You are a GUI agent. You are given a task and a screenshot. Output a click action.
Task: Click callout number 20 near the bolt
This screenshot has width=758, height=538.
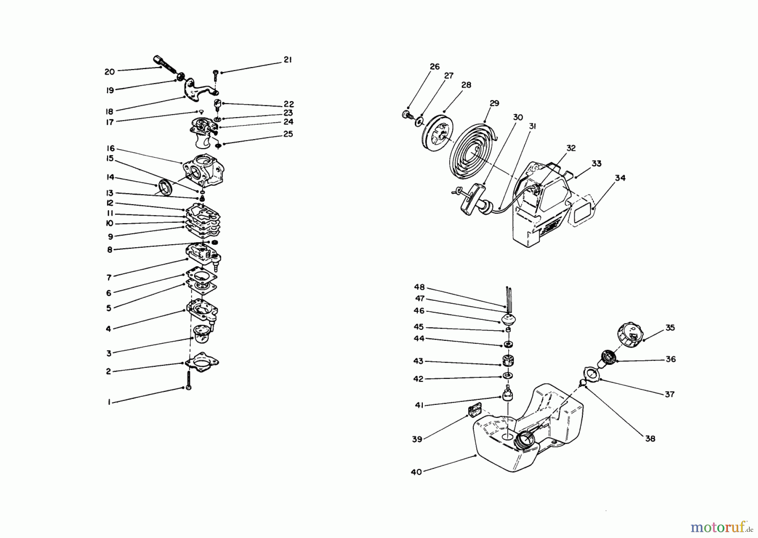pyautogui.click(x=109, y=72)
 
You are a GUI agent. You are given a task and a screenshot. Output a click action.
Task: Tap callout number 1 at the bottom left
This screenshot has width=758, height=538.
pyautogui.click(x=109, y=402)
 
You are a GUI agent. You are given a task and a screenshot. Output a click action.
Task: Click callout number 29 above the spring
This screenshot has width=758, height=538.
pyautogui.click(x=494, y=103)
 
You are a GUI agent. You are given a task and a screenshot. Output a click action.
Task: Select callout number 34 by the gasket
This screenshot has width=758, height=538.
pyautogui.click(x=620, y=178)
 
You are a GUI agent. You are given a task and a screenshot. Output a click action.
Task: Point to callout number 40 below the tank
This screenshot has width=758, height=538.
pyautogui.click(x=416, y=472)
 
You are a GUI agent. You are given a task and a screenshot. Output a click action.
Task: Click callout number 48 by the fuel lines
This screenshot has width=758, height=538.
pyautogui.click(x=419, y=287)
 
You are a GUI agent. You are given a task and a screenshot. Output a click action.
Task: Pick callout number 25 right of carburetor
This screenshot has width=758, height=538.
pyautogui.click(x=288, y=134)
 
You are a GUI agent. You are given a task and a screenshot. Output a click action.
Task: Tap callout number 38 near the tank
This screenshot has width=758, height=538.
pyautogui.click(x=650, y=439)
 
